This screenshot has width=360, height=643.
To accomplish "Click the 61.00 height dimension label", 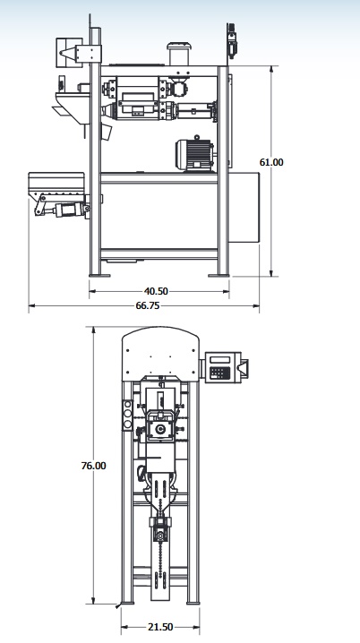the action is pyautogui.click(x=271, y=162).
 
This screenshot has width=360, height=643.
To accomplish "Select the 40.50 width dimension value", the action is pyautogui.click(x=156, y=291).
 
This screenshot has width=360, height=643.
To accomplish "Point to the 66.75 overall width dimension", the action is pyautogui.click(x=148, y=305).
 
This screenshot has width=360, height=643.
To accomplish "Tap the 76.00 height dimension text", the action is pyautogui.click(x=93, y=466).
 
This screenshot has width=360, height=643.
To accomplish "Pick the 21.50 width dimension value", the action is pyautogui.click(x=160, y=627).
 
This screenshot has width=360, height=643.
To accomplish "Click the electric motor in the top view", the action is pyautogui.click(x=194, y=154).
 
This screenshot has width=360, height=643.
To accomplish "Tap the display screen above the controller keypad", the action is pyautogui.click(x=219, y=360).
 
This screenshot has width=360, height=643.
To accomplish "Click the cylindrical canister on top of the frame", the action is pyautogui.click(x=179, y=54).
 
